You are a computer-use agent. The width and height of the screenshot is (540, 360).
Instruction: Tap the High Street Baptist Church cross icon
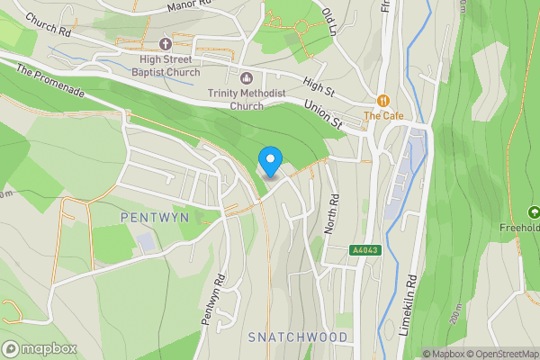click(166, 43)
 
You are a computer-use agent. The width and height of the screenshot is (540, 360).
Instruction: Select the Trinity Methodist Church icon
click(247, 76)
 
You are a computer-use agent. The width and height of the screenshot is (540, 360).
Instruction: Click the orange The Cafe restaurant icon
click(383, 101)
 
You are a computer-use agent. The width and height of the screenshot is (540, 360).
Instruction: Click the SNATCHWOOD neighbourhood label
click(297, 337)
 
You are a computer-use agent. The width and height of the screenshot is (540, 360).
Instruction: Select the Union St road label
click(325, 113)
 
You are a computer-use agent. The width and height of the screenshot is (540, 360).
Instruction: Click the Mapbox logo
click(38, 348)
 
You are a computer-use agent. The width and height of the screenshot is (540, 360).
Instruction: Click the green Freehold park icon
click(534, 212)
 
